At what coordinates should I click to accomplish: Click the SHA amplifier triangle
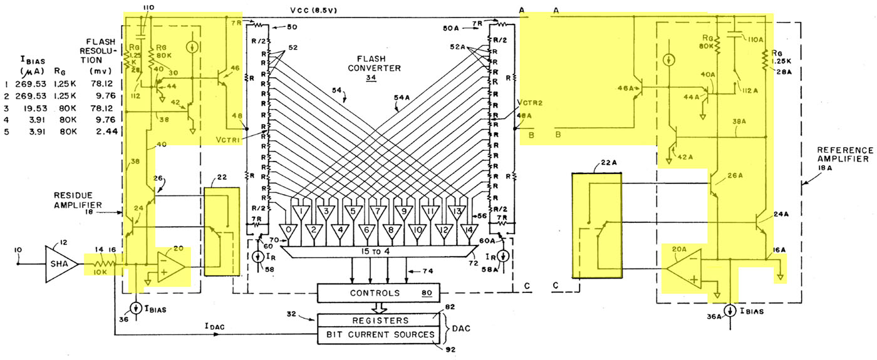(x=60, y=264)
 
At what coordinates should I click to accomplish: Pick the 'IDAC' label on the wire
(x=215, y=326)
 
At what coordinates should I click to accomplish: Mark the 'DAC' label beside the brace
(x=462, y=327)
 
